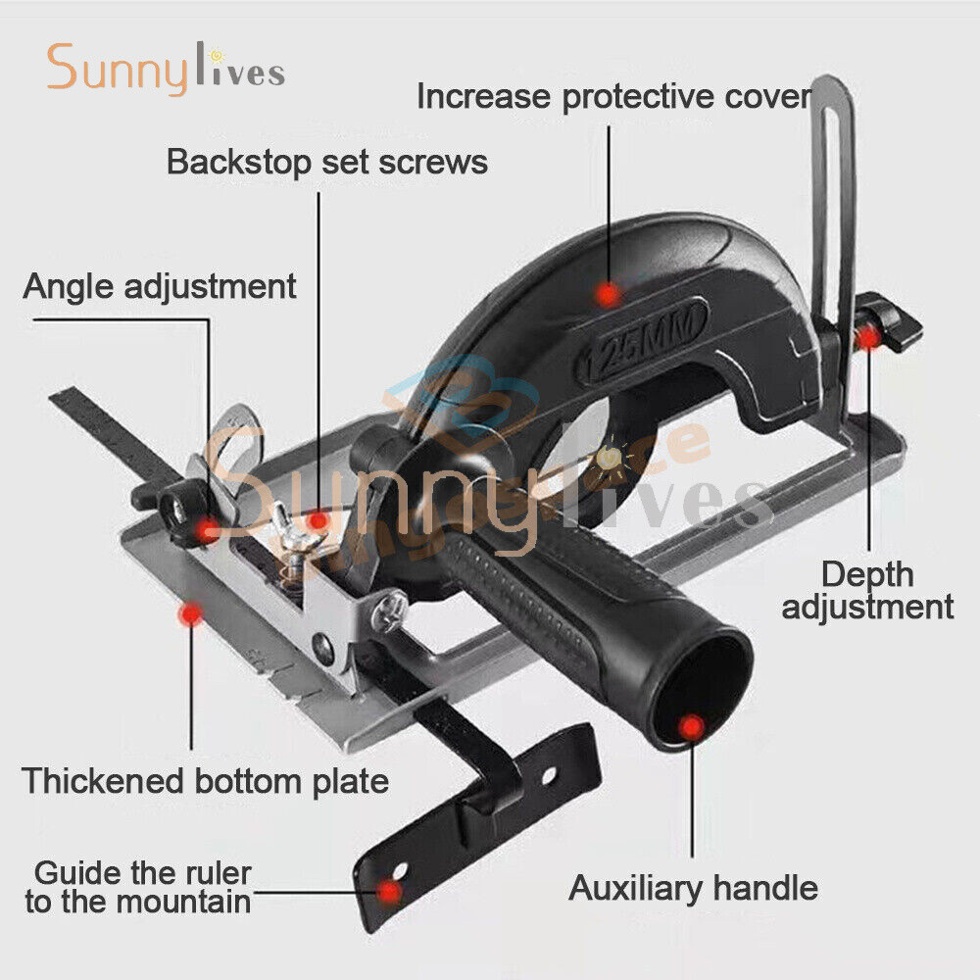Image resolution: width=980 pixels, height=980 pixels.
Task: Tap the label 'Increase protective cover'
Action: tap(614, 97)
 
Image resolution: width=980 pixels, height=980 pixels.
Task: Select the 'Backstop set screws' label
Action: tap(326, 161)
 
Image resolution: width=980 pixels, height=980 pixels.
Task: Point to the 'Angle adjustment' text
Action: tap(160, 286)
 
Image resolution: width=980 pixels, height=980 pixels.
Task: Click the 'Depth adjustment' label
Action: tap(867, 590)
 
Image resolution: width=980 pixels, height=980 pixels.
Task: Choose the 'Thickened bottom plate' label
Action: tap(206, 781)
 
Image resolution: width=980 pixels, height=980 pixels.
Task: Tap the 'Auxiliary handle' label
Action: tap(693, 888)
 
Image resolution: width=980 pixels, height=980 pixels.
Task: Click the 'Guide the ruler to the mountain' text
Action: tap(138, 887)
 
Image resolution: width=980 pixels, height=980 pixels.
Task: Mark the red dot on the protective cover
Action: tap(609, 293)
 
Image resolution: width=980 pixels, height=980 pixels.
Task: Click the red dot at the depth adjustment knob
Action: tap(867, 338)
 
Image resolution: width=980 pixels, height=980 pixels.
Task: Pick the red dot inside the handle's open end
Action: tap(692, 727)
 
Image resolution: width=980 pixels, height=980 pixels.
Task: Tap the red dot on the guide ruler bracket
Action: tap(390, 891)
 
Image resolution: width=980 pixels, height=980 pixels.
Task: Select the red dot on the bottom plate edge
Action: tap(191, 614)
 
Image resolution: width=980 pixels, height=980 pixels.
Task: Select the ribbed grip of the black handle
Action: tap(529, 598)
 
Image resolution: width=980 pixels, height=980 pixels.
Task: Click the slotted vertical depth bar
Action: tap(834, 196)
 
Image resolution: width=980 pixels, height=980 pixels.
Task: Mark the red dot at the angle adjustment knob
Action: tap(208, 530)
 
